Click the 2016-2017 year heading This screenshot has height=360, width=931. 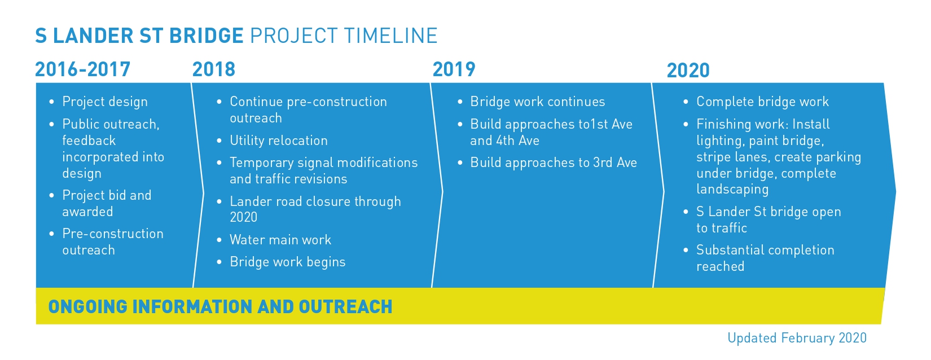point(82,70)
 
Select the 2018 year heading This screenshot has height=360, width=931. point(213,70)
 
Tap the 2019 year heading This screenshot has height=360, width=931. point(454,70)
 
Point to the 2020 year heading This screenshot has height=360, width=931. point(688,71)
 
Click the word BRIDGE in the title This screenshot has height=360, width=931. point(206,36)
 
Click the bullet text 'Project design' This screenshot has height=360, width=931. point(105,102)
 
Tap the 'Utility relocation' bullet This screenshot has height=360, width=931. point(278,141)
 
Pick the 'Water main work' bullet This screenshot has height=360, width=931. point(280,240)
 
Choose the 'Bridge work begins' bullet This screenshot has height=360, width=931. point(287,262)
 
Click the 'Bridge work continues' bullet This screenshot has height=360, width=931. point(537,102)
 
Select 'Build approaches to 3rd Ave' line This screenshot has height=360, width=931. point(553,163)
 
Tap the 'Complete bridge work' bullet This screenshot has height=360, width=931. point(762,102)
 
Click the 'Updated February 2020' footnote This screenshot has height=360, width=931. point(797,339)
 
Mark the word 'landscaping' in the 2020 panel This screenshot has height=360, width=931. point(732,190)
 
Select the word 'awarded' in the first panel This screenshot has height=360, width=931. point(87,212)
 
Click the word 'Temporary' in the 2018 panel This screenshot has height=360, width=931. point(261,163)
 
